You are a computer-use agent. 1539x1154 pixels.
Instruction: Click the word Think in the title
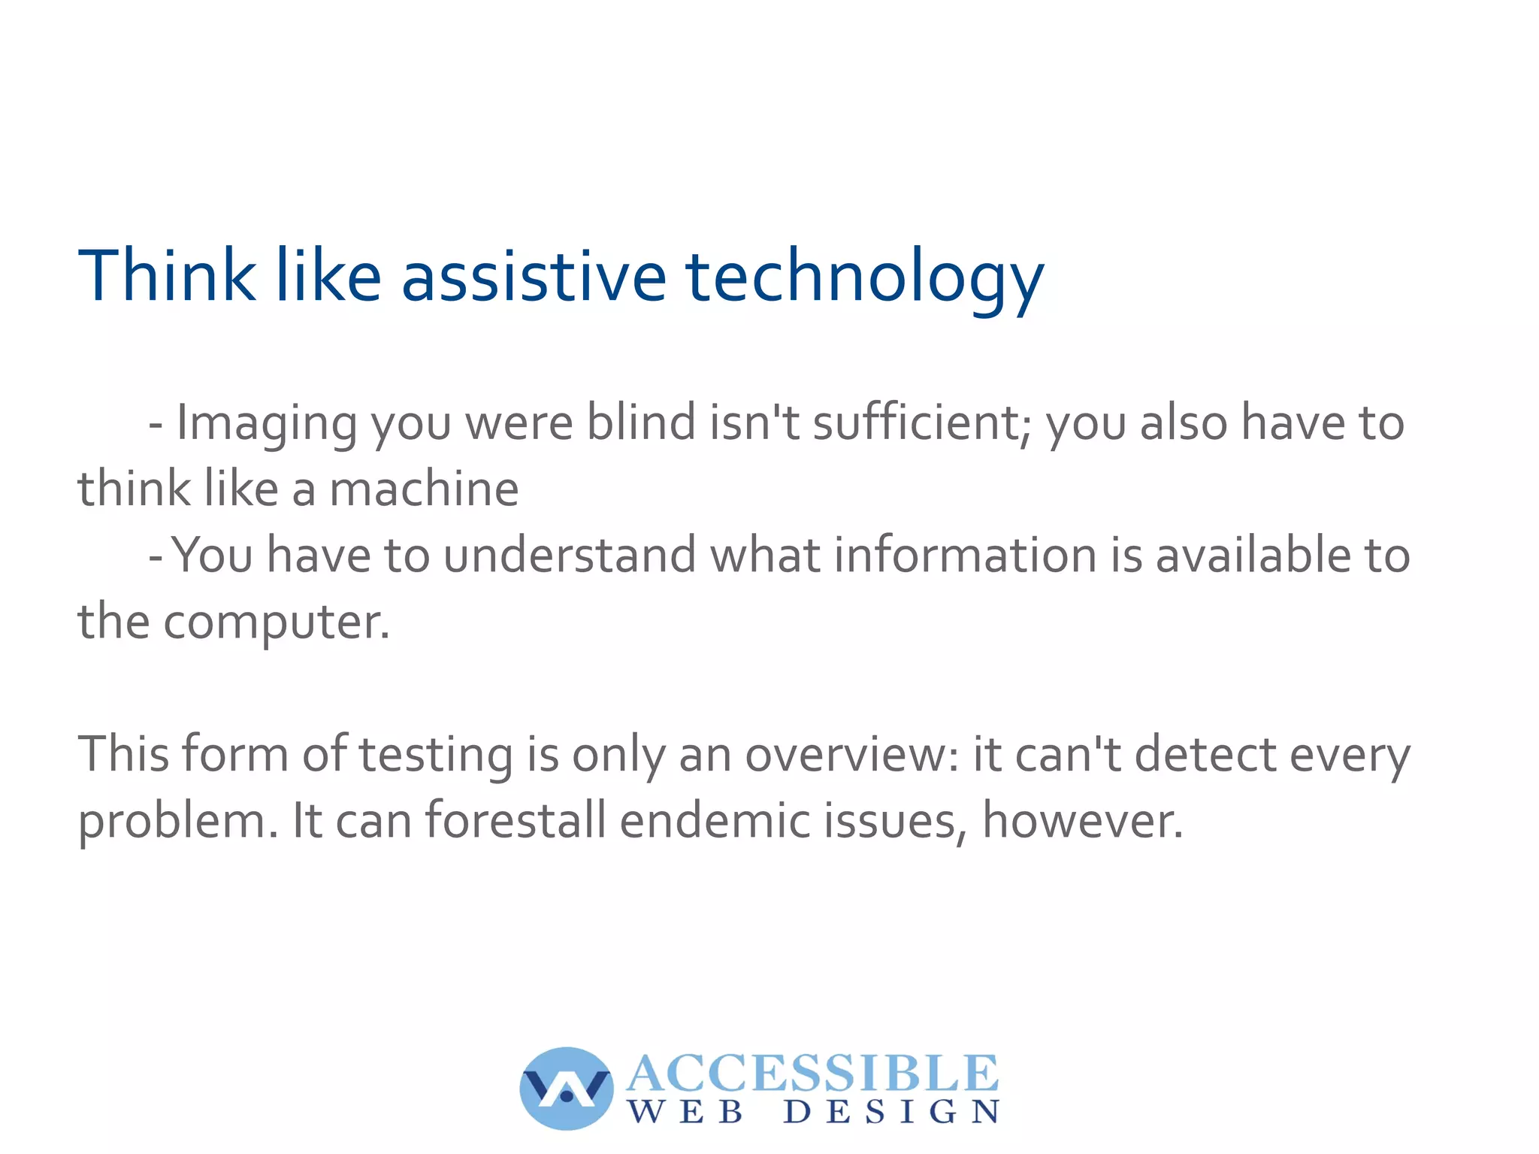tap(166, 276)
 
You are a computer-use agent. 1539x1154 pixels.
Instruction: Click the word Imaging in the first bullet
tap(266, 423)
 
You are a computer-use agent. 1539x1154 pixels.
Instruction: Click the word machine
tap(424, 489)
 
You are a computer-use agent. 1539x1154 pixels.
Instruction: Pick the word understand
tap(569, 555)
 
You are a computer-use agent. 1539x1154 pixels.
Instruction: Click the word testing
tap(435, 754)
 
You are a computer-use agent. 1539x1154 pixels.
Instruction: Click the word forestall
tap(516, 820)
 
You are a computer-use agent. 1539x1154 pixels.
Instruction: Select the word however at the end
tap(1081, 820)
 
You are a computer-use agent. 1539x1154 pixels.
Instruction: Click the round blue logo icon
tap(566, 1088)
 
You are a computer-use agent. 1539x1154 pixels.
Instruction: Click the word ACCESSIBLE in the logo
tap(812, 1074)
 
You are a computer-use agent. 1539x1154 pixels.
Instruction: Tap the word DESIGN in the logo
tap(891, 1112)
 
